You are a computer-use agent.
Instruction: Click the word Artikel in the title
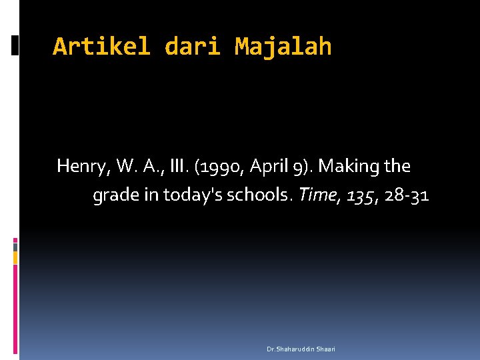point(101,47)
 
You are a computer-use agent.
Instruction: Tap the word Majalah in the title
point(283,47)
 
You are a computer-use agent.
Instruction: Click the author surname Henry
point(81,166)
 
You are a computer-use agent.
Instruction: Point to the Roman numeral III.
point(179,165)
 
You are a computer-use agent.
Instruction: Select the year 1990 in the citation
point(217,166)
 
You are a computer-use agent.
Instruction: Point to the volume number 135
point(361,195)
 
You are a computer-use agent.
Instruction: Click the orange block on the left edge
point(15,257)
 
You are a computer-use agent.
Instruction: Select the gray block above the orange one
point(15,246)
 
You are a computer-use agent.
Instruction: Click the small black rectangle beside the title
point(15,45)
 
